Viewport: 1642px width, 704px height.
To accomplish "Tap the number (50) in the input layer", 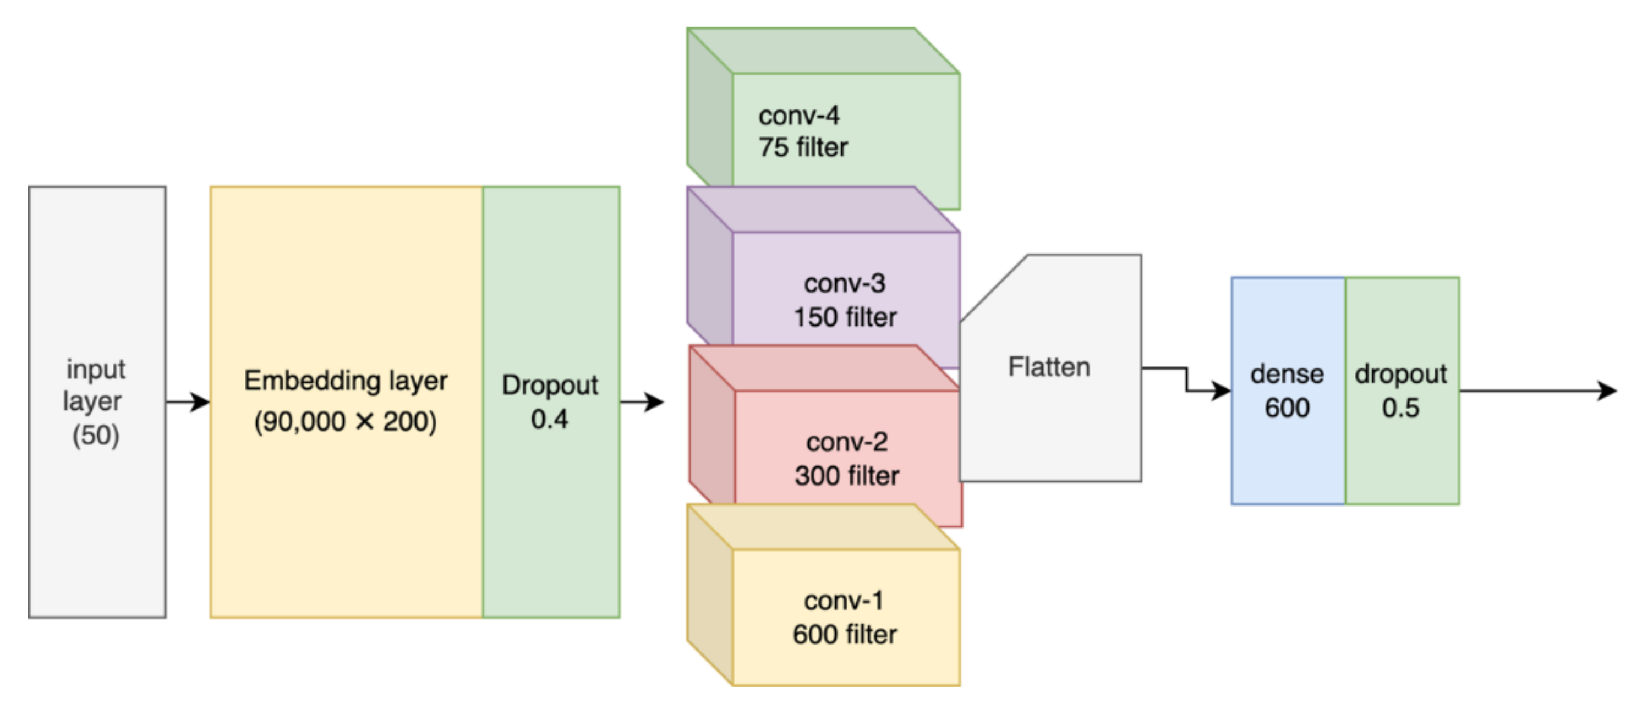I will (96, 436).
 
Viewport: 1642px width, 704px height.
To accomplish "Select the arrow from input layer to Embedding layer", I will (188, 402).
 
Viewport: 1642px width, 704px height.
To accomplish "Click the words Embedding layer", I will (346, 381).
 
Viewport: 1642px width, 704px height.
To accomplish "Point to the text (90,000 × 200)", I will (346, 422).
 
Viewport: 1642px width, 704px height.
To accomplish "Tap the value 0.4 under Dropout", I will (550, 419).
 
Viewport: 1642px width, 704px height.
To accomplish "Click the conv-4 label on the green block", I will (798, 116).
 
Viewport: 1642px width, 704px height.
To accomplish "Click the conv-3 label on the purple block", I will (845, 283).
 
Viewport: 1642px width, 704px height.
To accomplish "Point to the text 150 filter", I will (845, 317).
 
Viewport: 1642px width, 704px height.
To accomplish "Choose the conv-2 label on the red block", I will (846, 442).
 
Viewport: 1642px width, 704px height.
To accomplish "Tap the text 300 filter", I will (846, 476).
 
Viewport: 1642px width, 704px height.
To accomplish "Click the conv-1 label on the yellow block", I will (844, 601).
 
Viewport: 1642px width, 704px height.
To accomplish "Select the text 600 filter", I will (845, 635).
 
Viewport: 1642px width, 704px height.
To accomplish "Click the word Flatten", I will (1049, 367).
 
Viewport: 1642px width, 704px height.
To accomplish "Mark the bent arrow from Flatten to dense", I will (1187, 380).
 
